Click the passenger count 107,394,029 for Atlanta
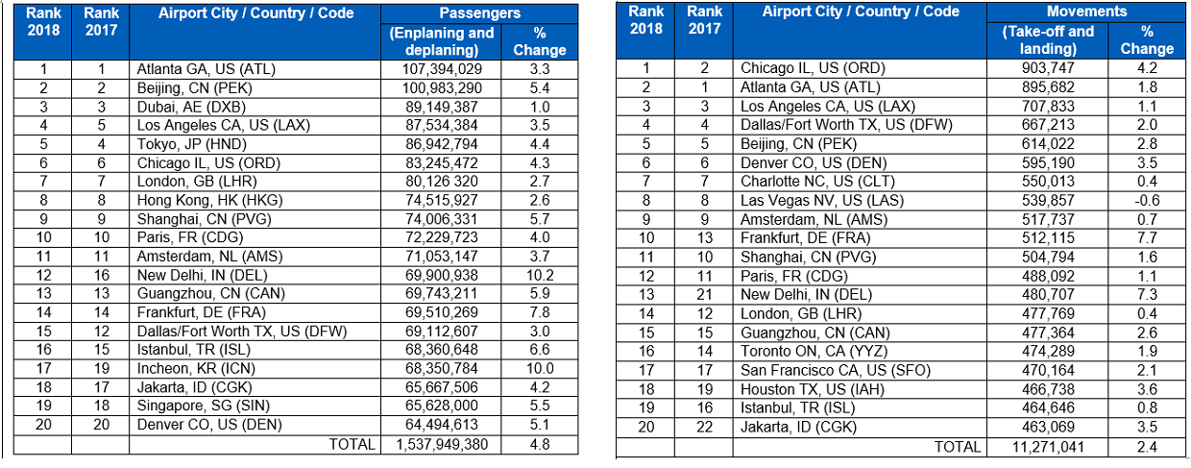[442, 69]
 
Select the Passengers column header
[479, 12]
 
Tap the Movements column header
[1087, 12]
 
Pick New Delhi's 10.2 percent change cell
[540, 275]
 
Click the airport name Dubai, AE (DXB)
[191, 107]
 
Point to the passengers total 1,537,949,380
[442, 444]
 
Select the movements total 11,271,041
[1048, 447]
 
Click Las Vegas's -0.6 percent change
[1147, 201]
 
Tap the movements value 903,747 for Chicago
[1048, 68]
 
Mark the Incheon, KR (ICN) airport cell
[196, 369]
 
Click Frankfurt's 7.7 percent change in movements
[1147, 237]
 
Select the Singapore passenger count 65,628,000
[442, 406]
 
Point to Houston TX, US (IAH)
[813, 389]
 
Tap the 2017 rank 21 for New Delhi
[704, 295]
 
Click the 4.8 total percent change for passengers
[540, 444]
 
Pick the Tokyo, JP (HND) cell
[192, 144]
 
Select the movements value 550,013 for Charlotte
[1048, 182]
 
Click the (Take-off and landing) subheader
[1048, 40]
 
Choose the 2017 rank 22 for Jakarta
[704, 427]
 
